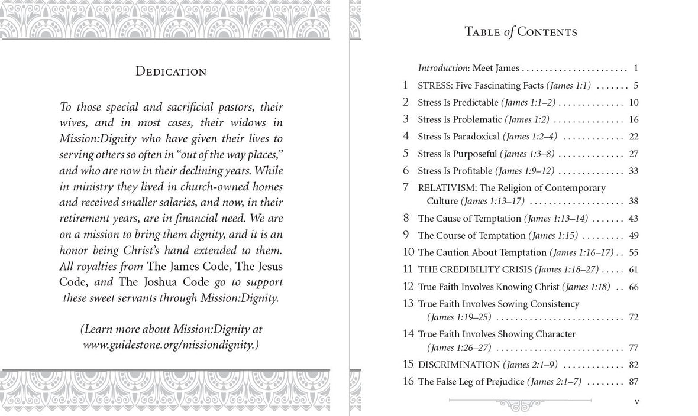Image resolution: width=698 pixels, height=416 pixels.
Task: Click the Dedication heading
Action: pos(171,71)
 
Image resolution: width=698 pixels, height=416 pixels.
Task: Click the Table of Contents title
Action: pos(521,32)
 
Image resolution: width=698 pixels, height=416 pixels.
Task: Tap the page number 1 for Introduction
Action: pos(635,68)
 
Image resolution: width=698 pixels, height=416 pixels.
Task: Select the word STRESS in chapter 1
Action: pos(436,85)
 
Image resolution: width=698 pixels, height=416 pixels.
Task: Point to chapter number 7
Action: pos(406,187)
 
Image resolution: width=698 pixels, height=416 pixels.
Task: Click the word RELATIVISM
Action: pos(449,188)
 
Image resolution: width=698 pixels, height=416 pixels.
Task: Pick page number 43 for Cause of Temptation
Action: pos(633,218)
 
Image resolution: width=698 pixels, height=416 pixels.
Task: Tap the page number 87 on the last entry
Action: pos(633,382)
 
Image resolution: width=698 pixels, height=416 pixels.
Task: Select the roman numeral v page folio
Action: pos(636,402)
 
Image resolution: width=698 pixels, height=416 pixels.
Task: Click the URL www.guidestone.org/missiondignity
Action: pos(170,343)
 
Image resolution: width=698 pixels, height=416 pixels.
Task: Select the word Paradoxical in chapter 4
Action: pos(472,136)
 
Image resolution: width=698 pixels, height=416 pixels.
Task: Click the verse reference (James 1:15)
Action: pos(552,235)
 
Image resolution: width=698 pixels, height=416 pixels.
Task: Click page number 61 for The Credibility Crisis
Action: pos(633,269)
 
